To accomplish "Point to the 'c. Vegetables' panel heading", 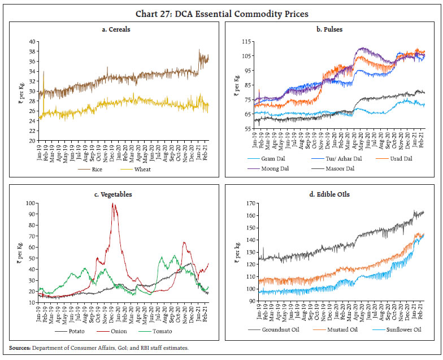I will pyautogui.click(x=114, y=194).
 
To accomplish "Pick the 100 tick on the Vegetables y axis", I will pyautogui.click(x=31, y=203).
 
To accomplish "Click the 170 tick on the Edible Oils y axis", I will pyautogui.click(x=247, y=203).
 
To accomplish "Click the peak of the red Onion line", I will pyautogui.click(x=114, y=204).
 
